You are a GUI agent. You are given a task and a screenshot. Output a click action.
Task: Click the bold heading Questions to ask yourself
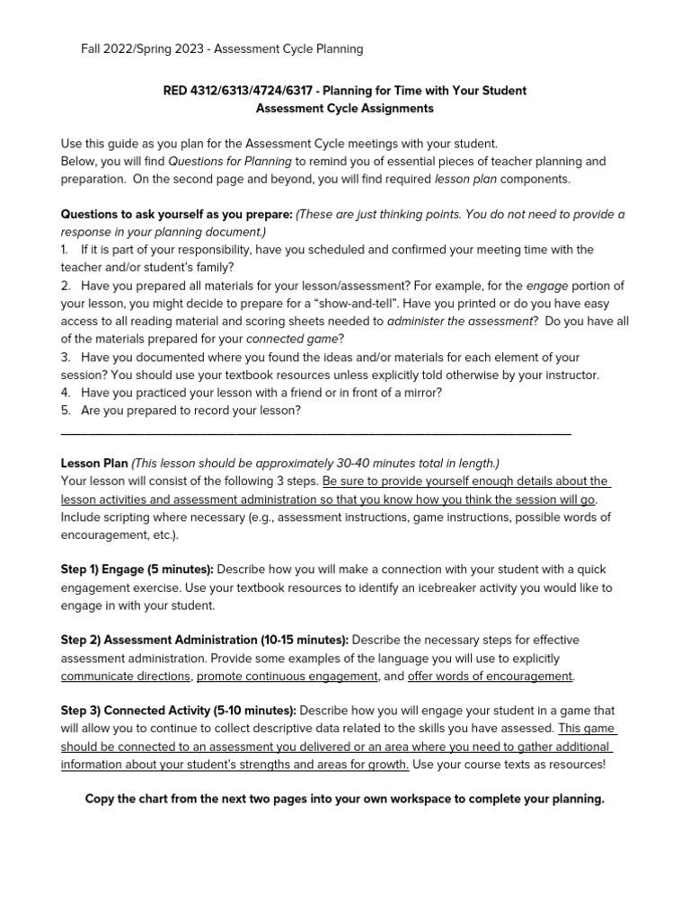pyautogui.click(x=175, y=215)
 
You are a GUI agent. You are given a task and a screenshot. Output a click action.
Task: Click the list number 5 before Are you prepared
pyautogui.click(x=65, y=411)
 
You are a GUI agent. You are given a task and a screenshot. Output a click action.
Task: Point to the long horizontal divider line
pyautogui.click(x=314, y=434)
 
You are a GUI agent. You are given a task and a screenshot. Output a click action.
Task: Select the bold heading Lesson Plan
pyautogui.click(x=94, y=464)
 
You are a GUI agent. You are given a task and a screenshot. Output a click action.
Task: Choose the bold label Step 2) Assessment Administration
pyautogui.click(x=205, y=640)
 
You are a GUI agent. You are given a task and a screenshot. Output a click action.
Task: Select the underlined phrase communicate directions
pyautogui.click(x=125, y=676)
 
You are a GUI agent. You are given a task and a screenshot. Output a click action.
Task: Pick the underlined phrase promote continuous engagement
pyautogui.click(x=287, y=676)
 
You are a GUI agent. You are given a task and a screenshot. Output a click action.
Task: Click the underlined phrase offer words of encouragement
pyautogui.click(x=490, y=676)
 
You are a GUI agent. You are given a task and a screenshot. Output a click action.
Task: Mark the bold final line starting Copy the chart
pyautogui.click(x=344, y=799)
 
